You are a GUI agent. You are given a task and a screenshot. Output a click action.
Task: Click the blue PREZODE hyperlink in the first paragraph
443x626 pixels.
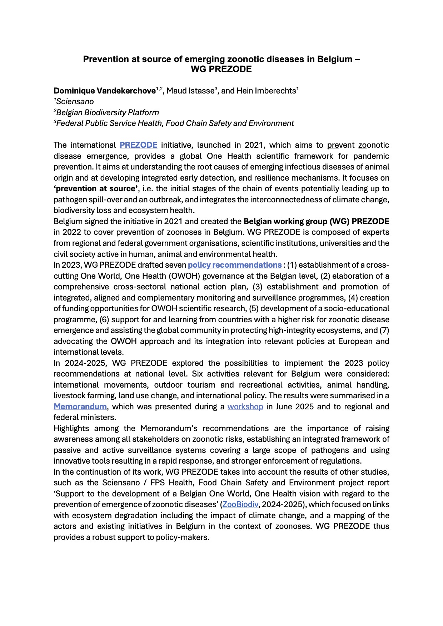[x=138, y=145]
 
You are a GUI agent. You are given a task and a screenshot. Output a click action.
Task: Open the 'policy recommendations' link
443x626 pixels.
[x=234, y=265]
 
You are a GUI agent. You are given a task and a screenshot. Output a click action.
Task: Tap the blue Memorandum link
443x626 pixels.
[x=80, y=407]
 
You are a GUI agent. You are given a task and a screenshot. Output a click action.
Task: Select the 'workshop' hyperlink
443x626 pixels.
[x=245, y=407]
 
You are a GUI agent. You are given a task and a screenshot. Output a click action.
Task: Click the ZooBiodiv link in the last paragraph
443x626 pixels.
[x=240, y=504]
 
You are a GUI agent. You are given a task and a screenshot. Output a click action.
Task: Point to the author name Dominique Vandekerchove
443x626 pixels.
[x=104, y=91]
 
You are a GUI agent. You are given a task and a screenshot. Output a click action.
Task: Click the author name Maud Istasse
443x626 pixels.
[x=190, y=91]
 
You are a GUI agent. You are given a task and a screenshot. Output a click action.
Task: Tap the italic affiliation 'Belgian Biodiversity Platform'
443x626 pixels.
[x=108, y=113]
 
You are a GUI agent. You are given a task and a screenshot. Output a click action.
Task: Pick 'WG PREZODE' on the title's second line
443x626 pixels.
[x=221, y=69]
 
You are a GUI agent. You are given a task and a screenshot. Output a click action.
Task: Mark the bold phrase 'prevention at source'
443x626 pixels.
[x=96, y=188]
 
